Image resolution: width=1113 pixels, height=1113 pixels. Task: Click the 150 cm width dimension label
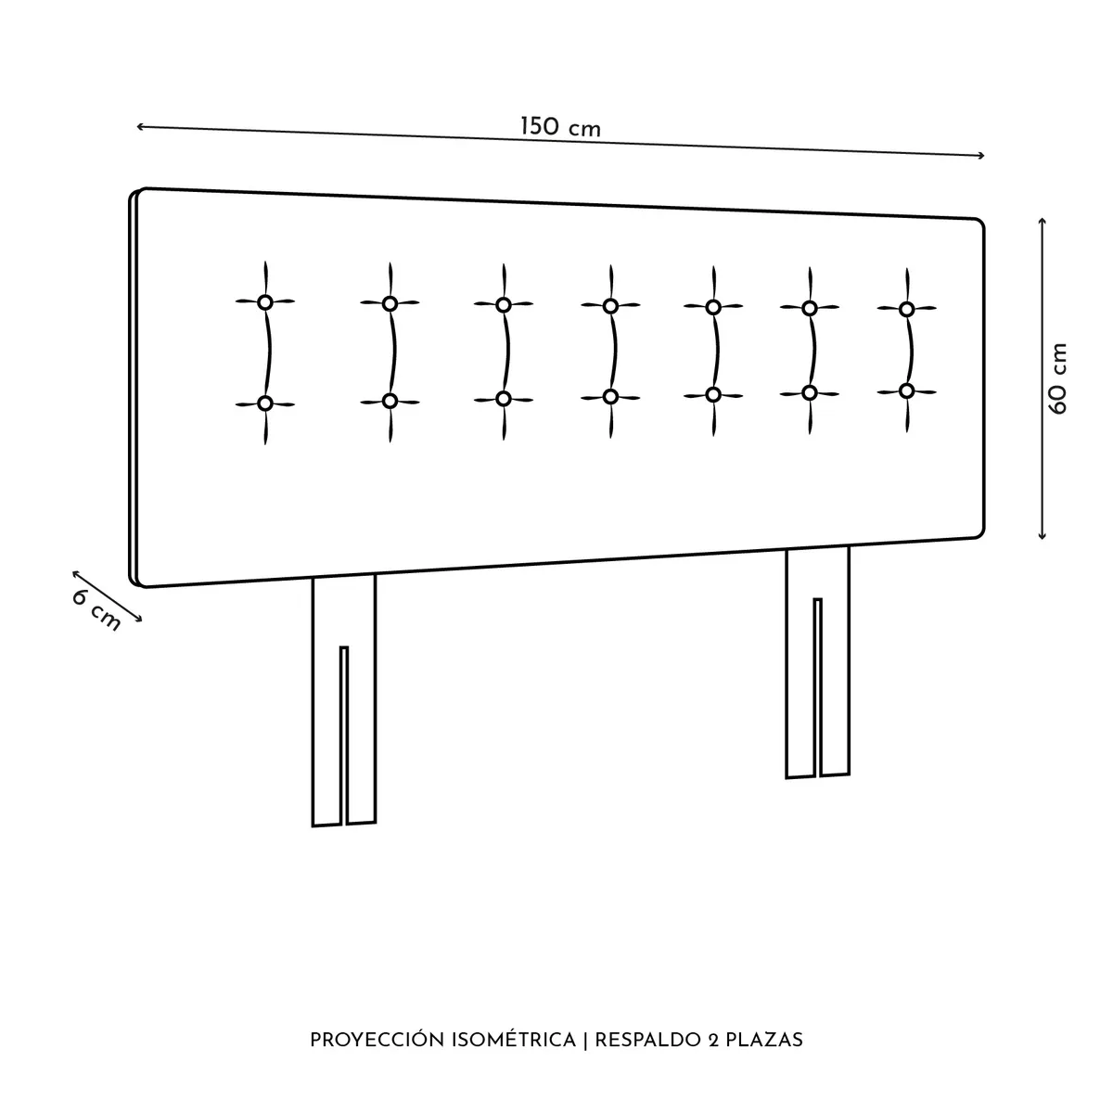[x=559, y=127]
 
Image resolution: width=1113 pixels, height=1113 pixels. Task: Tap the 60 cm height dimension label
[x=1058, y=379]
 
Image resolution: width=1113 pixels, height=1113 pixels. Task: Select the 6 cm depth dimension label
[x=96, y=611]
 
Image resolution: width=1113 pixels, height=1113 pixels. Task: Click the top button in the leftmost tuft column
[x=265, y=302]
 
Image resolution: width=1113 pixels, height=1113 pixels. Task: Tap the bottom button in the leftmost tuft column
[x=265, y=403]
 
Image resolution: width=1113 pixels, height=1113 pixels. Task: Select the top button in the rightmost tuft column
[x=906, y=309]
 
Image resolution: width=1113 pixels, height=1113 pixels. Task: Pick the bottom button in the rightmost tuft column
[x=906, y=391]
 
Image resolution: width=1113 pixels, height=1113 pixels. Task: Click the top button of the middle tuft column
[x=610, y=306]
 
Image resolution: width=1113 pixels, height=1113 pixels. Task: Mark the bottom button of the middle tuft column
[x=610, y=397]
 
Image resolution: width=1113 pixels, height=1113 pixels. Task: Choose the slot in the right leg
[x=818, y=687]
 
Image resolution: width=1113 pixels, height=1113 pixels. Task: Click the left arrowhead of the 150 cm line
[x=139, y=126]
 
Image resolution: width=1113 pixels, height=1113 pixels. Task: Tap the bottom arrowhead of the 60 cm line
[x=1042, y=537]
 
